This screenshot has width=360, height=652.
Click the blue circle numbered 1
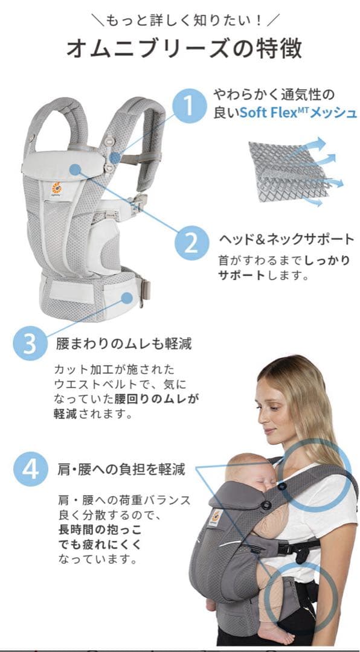(x=190, y=106)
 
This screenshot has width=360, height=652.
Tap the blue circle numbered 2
(x=191, y=243)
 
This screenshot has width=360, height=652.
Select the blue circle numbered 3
(x=30, y=344)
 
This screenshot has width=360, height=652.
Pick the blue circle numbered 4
(x=30, y=468)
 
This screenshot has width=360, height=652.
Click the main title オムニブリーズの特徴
(x=184, y=49)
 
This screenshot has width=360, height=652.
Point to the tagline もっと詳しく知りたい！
(x=182, y=20)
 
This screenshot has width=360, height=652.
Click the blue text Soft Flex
(x=267, y=113)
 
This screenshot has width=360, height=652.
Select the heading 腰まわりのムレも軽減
(x=124, y=344)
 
